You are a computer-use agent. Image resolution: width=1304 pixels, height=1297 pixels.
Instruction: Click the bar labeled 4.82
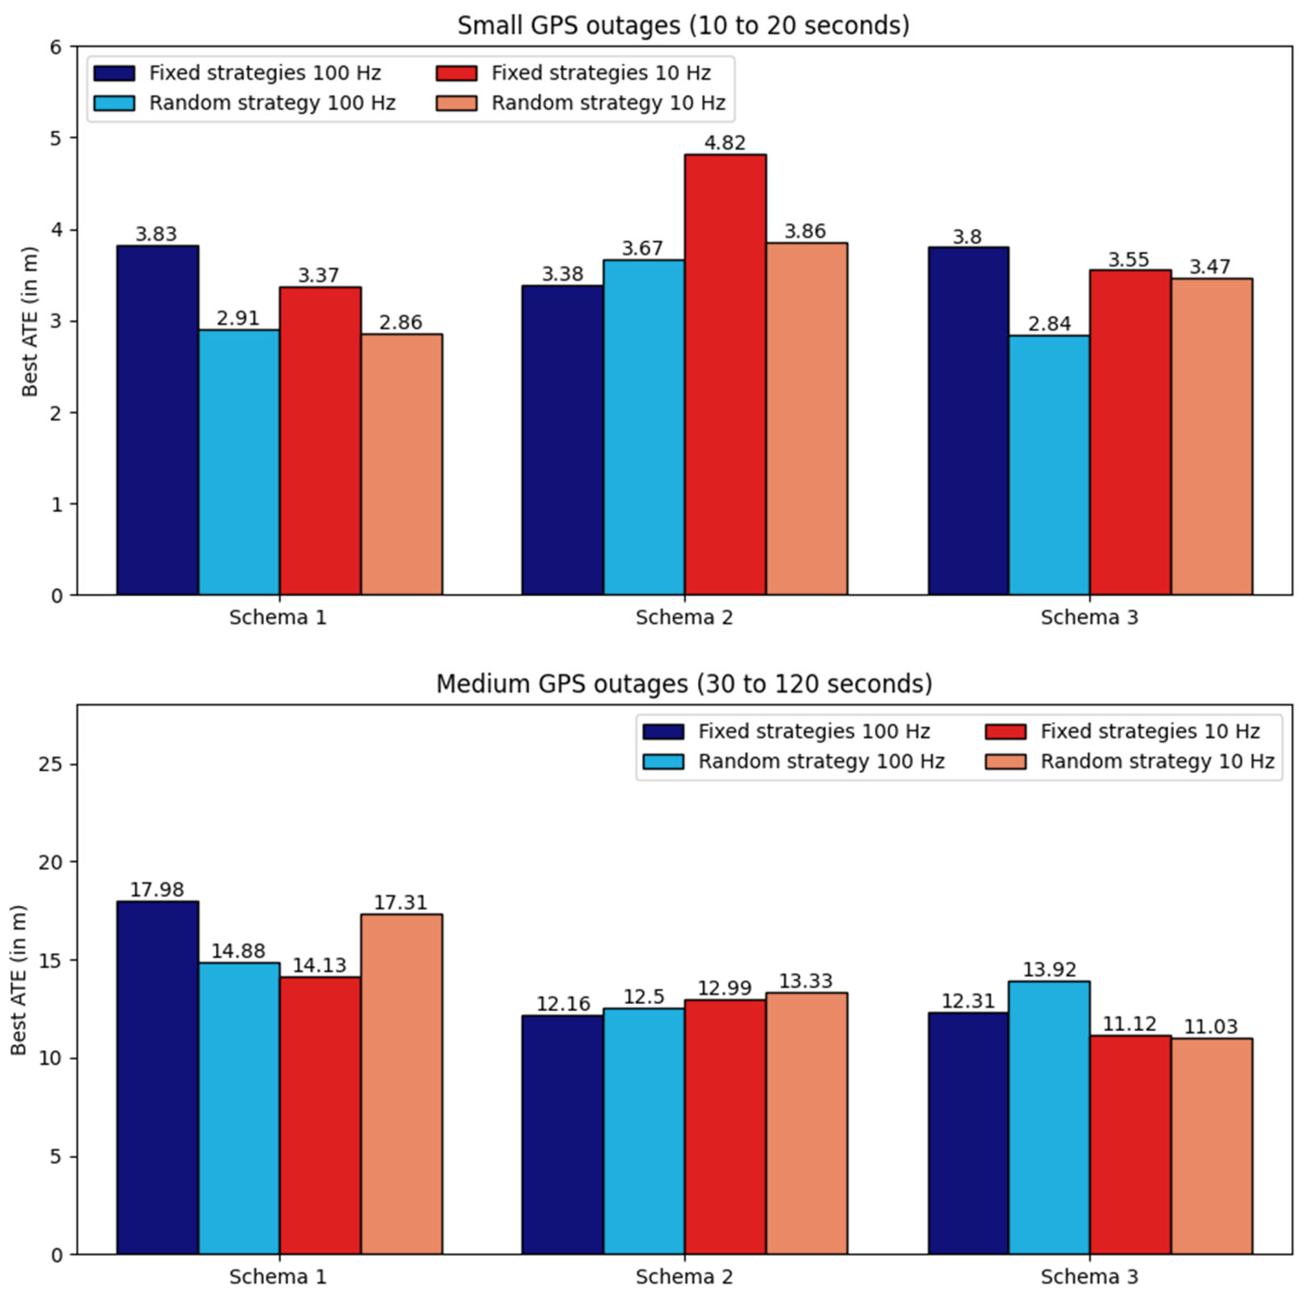pos(725,374)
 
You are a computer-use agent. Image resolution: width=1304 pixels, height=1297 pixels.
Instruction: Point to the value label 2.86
pos(401,323)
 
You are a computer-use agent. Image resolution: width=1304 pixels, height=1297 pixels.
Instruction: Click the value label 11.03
pos(1211,1027)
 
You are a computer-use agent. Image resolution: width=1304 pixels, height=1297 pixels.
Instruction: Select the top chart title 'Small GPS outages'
pos(683,26)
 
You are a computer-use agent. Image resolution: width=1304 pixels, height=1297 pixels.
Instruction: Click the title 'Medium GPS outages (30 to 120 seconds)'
pos(684,684)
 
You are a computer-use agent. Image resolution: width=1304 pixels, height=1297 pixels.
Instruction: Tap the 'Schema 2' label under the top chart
pos(684,617)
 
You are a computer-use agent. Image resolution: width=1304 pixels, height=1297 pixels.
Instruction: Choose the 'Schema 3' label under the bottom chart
pos(1089,1277)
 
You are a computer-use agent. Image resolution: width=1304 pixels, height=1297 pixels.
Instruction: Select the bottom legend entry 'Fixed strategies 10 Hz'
pos(1149,731)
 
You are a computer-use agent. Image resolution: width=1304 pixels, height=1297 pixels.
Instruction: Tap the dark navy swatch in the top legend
pos(114,73)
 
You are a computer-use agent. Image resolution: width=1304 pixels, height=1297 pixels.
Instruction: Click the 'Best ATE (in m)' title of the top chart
pos(29,321)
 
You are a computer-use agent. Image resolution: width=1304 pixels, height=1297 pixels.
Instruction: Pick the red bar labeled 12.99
pos(725,1127)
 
